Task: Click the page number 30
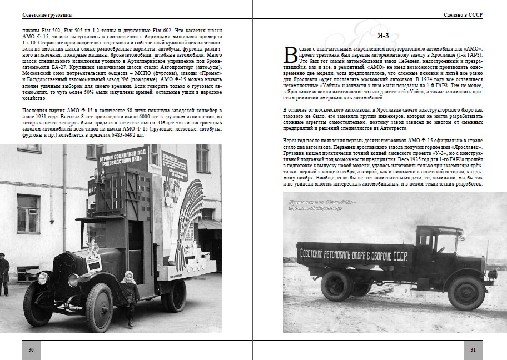[32, 349]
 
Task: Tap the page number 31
[473, 349]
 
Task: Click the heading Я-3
[379, 36]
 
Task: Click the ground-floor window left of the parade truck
[28, 213]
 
